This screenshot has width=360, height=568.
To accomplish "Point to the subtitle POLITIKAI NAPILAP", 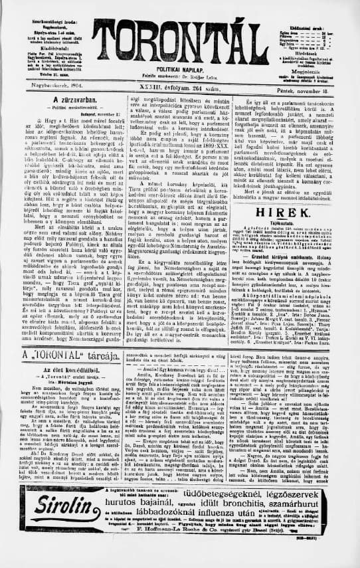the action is [x=181, y=69].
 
